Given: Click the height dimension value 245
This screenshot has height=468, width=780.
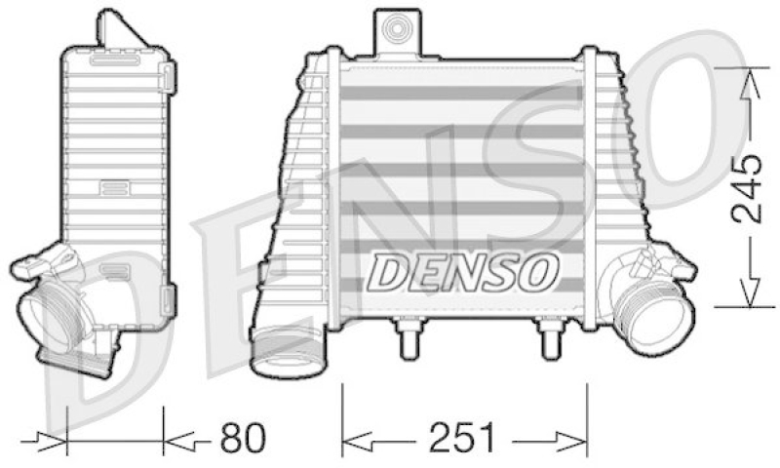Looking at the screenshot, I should point(748,189).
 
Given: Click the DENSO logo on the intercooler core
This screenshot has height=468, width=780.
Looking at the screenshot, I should point(462,272).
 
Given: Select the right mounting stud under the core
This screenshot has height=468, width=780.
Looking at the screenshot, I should point(550,341).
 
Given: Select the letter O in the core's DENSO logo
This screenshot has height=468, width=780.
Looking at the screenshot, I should point(538,272).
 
